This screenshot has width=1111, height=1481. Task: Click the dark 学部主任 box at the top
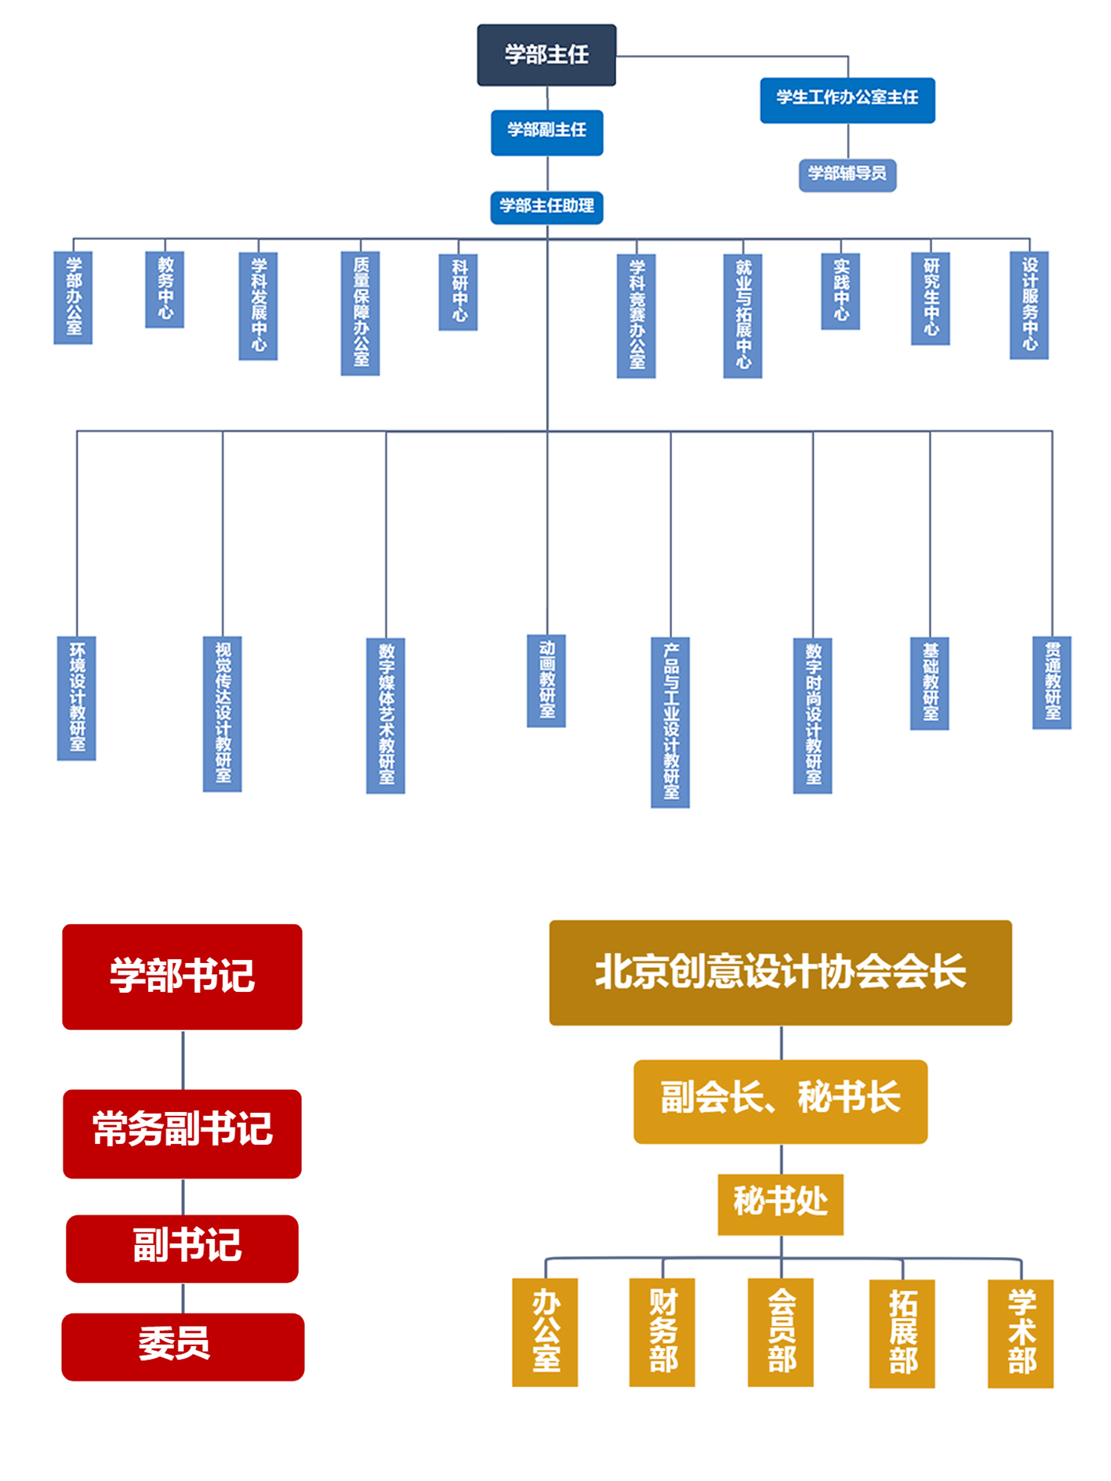pyautogui.click(x=546, y=55)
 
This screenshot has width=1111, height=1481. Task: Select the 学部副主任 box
pyautogui.click(x=546, y=132)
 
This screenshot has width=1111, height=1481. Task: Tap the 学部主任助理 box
pyautogui.click(x=546, y=207)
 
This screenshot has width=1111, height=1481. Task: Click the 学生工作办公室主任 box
pyautogui.click(x=847, y=100)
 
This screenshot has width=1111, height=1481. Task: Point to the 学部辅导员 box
pyautogui.click(x=847, y=175)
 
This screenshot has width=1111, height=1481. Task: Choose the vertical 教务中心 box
pyautogui.click(x=165, y=289)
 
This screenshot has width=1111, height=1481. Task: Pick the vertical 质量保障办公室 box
pyautogui.click(x=360, y=313)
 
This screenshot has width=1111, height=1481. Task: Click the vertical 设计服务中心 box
pyautogui.click(x=1029, y=305)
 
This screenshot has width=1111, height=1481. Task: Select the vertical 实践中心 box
pyautogui.click(x=841, y=291)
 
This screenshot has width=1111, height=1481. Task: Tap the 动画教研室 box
pyautogui.click(x=546, y=680)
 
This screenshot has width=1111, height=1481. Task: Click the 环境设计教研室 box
pyautogui.click(x=77, y=697)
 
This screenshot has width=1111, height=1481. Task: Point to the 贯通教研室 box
pyautogui.click(x=1051, y=683)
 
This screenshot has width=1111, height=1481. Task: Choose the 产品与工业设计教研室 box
pyautogui.click(x=670, y=722)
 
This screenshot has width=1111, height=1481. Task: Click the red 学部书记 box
pyautogui.click(x=182, y=976)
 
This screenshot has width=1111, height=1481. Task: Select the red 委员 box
pyautogui.click(x=182, y=1346)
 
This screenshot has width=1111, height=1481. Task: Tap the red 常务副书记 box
pyautogui.click(x=182, y=1133)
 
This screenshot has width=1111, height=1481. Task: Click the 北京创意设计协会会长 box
pyautogui.click(x=780, y=972)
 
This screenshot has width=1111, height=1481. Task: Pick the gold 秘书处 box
pyautogui.click(x=780, y=1204)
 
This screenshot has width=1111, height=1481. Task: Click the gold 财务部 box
pyautogui.click(x=663, y=1332)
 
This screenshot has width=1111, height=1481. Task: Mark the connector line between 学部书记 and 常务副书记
pyautogui.click(x=183, y=1059)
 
